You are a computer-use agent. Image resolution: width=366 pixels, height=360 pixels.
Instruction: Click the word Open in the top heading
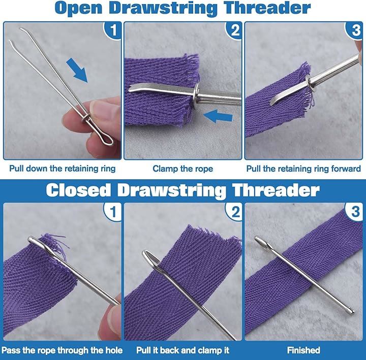coord(79,8)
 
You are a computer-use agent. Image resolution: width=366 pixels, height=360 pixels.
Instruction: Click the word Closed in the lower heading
coord(78,190)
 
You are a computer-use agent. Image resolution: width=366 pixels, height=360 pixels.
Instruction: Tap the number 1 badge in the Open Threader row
coord(113,30)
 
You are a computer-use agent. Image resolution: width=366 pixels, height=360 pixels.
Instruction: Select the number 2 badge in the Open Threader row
coord(234,30)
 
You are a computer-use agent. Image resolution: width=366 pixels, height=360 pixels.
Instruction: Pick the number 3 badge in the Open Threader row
coord(355,30)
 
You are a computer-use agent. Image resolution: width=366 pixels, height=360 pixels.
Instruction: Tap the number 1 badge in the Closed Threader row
coord(113,211)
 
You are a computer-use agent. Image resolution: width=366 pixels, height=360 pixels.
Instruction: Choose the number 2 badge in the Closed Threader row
coord(234,211)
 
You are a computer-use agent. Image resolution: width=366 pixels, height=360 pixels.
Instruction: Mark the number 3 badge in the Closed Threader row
coord(355,211)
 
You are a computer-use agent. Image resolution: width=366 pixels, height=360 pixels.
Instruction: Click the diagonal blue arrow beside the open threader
coord(78,71)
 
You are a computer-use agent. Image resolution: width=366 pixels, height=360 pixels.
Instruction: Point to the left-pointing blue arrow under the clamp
coord(218,116)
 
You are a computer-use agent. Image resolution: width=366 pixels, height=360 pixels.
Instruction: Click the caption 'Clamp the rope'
coord(183,169)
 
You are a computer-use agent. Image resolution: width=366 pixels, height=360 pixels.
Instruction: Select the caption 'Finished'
coord(303,350)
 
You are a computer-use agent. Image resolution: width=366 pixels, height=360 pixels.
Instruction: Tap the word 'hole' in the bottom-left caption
coord(114,350)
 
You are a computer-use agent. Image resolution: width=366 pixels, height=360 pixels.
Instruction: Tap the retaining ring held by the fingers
coord(86,118)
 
